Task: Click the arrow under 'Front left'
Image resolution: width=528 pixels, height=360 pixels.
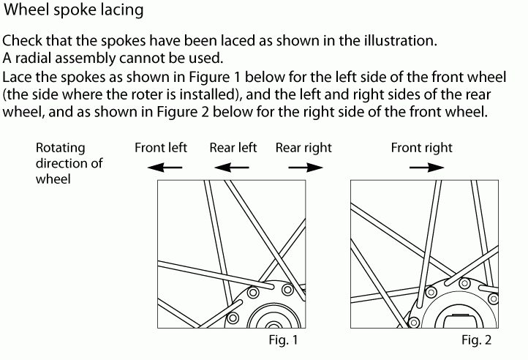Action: click(162, 168)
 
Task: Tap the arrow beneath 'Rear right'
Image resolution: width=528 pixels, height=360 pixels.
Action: click(305, 168)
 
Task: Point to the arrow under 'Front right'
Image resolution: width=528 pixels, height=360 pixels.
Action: click(426, 168)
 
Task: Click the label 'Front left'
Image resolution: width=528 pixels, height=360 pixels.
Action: click(161, 148)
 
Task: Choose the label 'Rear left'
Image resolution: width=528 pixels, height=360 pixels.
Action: click(233, 148)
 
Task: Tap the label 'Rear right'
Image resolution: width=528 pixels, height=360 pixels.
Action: click(303, 148)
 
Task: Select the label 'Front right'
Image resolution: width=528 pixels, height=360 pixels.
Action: click(422, 148)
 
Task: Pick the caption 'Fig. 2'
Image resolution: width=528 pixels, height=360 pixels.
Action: click(476, 340)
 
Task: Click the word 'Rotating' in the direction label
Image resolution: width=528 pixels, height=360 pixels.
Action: click(61, 148)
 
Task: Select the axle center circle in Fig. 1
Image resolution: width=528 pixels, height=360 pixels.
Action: click(273, 323)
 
